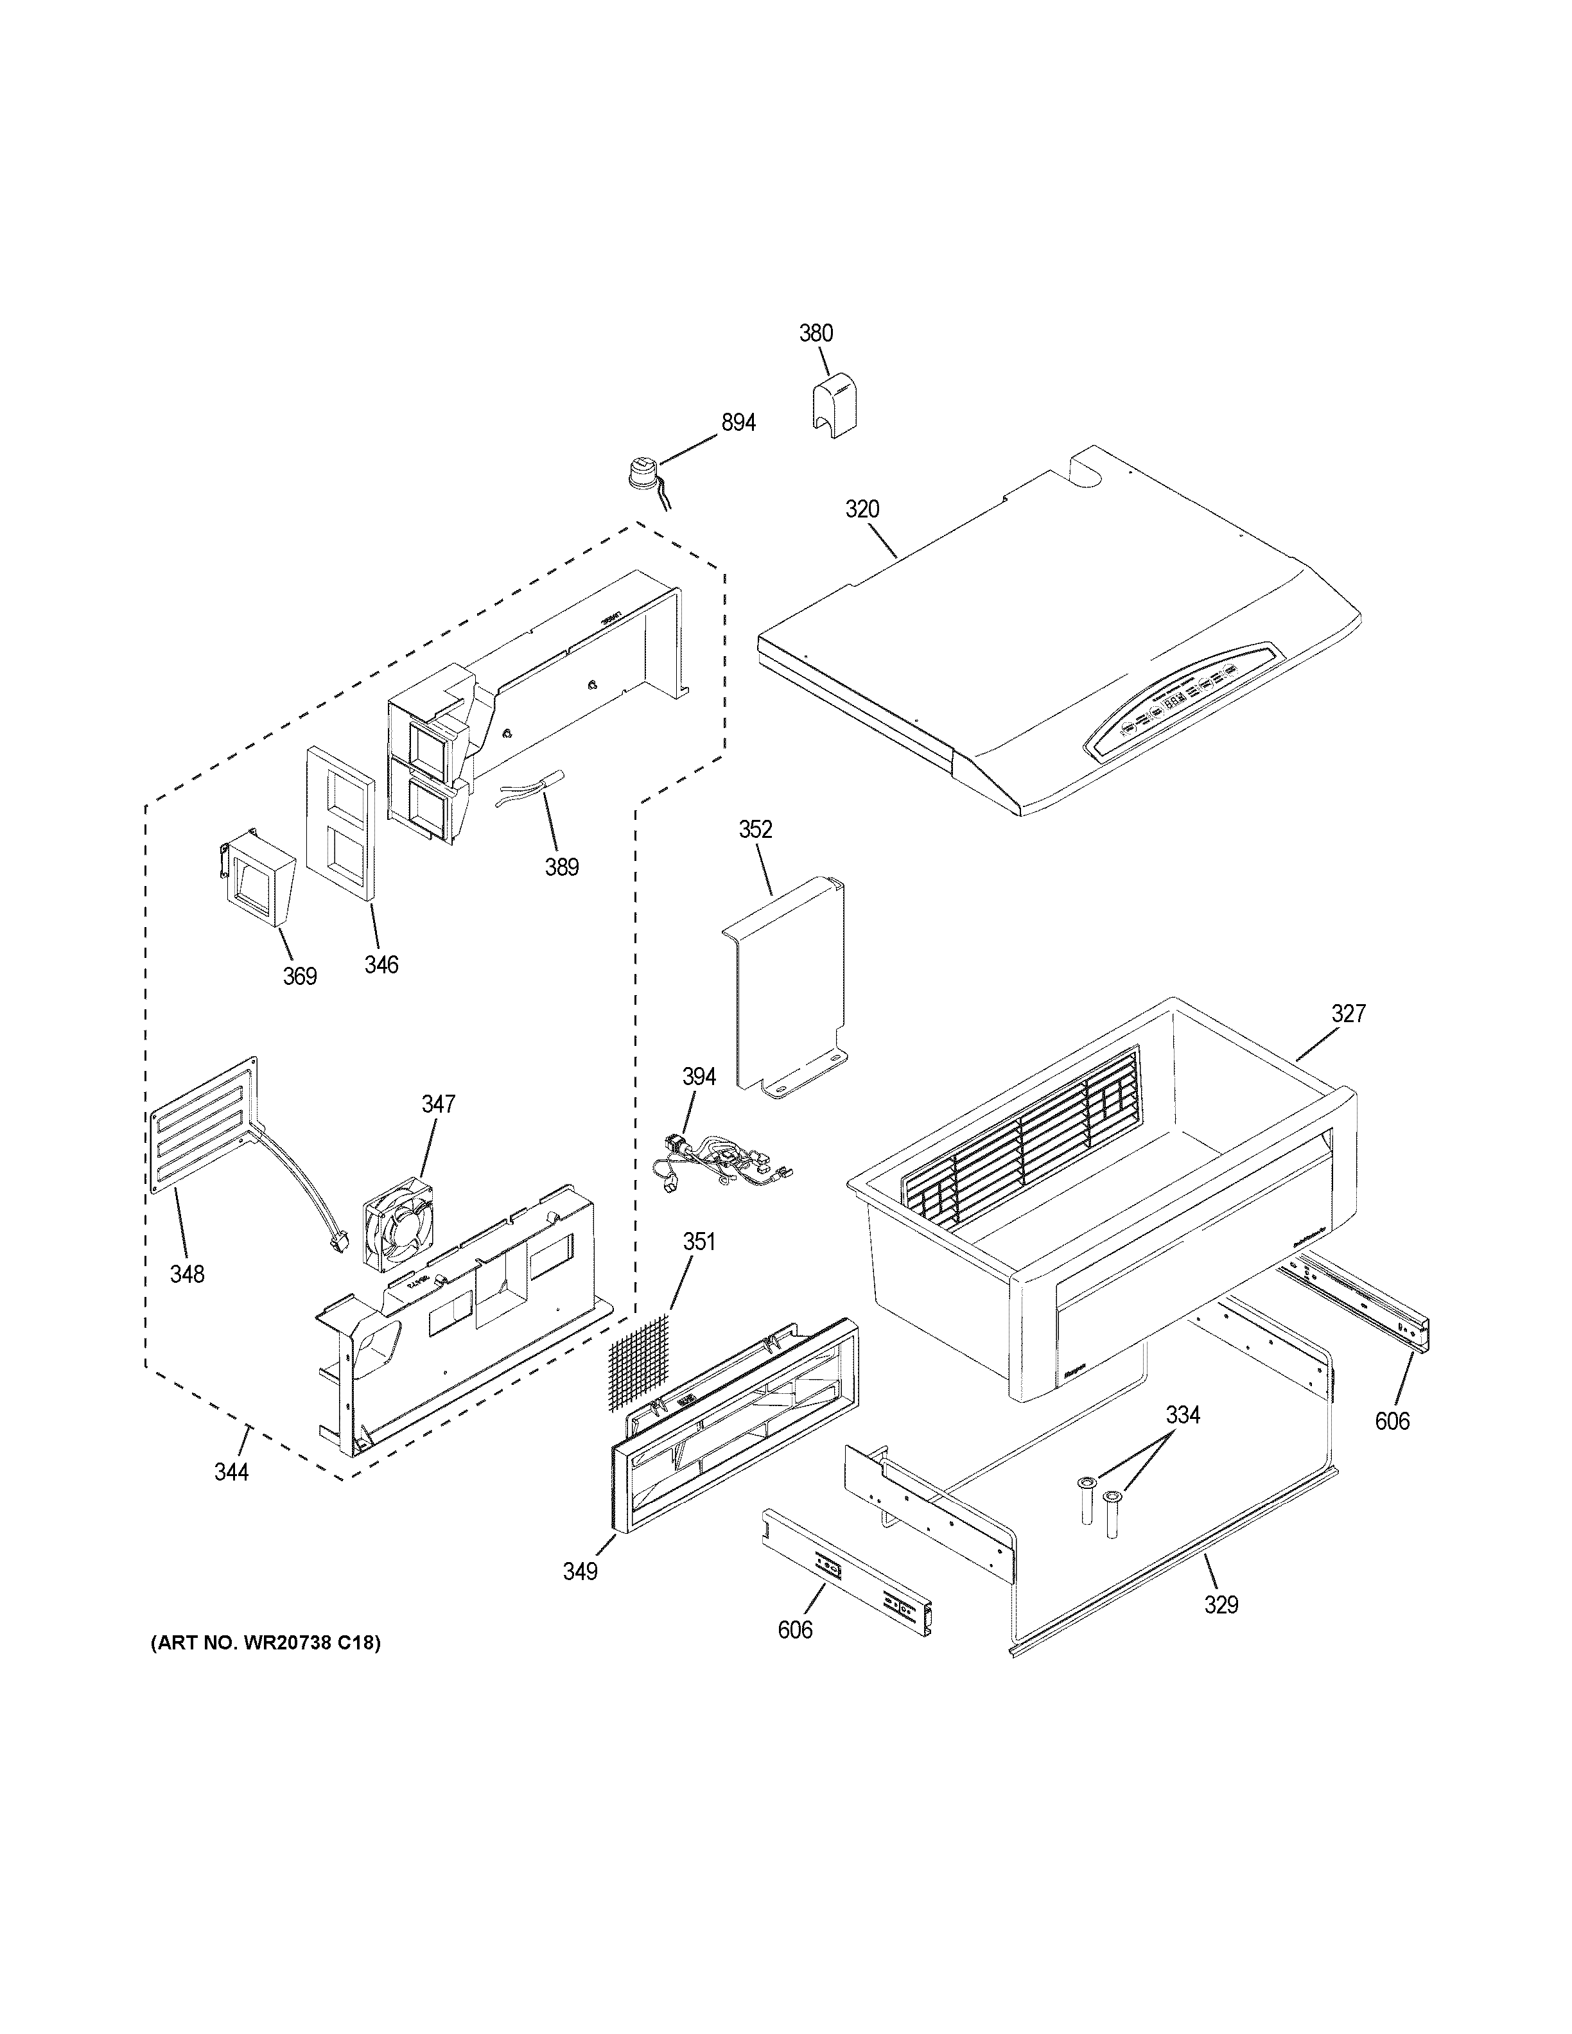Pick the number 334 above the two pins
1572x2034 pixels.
click(1183, 1416)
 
